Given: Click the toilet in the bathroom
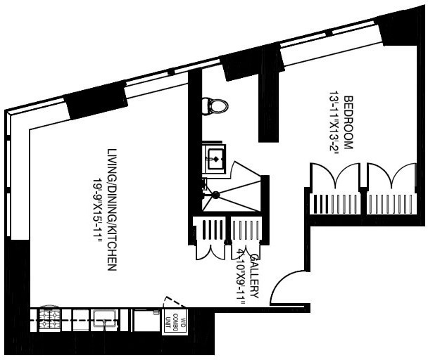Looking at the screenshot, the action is click(x=215, y=106).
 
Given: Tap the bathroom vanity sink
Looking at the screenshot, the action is click(x=214, y=158).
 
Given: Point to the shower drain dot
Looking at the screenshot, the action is click(x=216, y=195).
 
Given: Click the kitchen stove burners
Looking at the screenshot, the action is click(x=50, y=321).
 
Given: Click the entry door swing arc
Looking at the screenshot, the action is click(x=285, y=288).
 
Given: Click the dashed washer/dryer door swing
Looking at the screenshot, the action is click(x=175, y=302).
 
